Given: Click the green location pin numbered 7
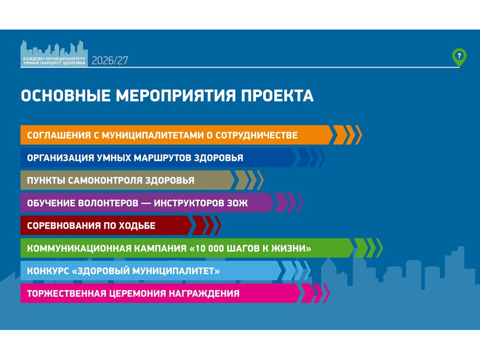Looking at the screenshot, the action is [x=459, y=57].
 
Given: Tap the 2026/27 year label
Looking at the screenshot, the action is [x=110, y=60].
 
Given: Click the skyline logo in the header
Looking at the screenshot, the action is [x=54, y=53].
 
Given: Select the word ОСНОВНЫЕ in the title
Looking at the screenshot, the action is [x=66, y=96].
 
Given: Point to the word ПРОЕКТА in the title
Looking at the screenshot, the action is [x=277, y=96].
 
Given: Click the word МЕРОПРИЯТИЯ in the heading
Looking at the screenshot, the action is [x=176, y=96].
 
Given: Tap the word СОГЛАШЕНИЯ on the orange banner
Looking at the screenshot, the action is [x=59, y=135].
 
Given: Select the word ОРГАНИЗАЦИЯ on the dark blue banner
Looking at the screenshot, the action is [x=60, y=158].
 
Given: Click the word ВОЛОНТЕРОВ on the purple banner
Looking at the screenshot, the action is [x=108, y=203].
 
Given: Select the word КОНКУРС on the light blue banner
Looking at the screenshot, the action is [x=48, y=271].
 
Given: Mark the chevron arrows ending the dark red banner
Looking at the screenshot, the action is [x=205, y=225].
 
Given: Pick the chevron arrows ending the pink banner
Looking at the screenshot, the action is [x=314, y=293].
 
